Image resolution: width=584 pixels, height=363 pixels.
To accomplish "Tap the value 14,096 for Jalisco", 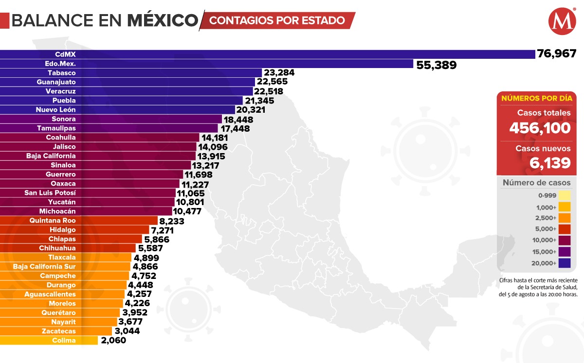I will (x=212, y=147).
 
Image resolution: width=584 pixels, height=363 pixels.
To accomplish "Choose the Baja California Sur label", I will (x=44, y=267).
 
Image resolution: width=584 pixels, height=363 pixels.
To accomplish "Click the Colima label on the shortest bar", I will (x=64, y=341).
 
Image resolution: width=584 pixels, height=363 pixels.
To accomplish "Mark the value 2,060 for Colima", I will (x=113, y=341).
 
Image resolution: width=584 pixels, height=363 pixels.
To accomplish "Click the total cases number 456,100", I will (x=540, y=128).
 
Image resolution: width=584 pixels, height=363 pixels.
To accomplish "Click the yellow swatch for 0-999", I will (x=565, y=195).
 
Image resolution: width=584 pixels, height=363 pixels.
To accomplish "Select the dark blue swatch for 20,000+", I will (x=565, y=263).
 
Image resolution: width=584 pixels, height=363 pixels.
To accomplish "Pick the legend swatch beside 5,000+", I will (x=565, y=229).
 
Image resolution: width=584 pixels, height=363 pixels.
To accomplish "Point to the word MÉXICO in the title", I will (x=163, y=20).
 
